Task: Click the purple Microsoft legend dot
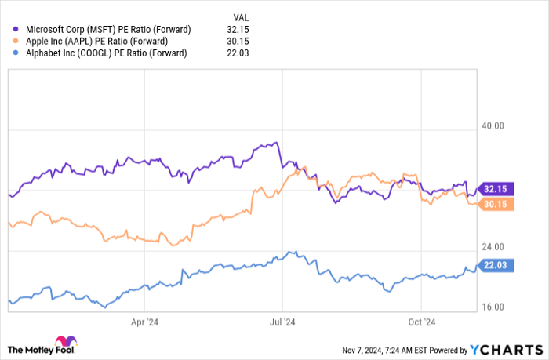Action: click(16, 29)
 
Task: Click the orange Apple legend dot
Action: click(16, 41)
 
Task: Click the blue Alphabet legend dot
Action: click(16, 53)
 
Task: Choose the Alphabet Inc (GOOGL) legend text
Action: click(107, 53)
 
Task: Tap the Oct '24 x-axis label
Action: click(421, 321)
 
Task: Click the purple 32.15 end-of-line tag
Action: click(496, 188)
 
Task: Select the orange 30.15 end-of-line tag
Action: click(496, 204)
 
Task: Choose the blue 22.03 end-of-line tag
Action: click(496, 266)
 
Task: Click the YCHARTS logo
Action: click(505, 349)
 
